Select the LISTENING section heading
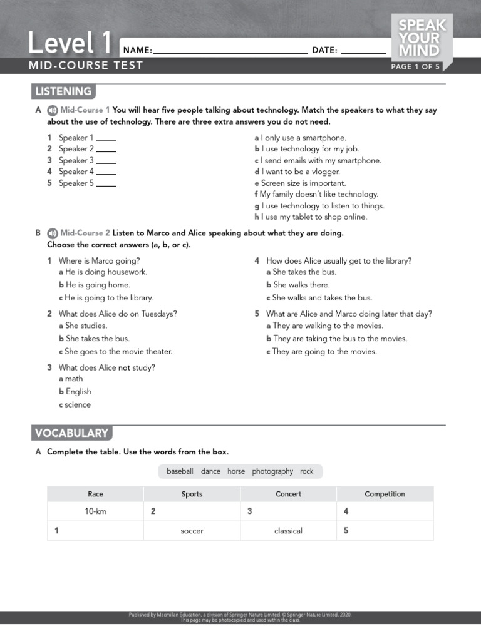click(63, 91)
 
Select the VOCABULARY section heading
click(71, 433)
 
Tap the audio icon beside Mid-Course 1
click(53, 110)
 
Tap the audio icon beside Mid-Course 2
click(53, 233)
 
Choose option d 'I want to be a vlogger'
click(297, 172)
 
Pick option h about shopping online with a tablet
click(311, 217)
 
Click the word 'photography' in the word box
click(272, 471)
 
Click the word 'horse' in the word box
click(236, 471)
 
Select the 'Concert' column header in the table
click(288, 494)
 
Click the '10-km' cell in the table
click(96, 511)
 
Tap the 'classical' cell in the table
click(288, 531)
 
